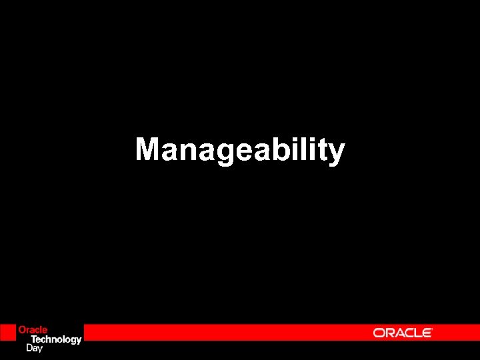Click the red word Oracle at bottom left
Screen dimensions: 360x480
tap(33, 330)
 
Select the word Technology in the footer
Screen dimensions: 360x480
tap(57, 339)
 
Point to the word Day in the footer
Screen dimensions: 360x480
tap(34, 347)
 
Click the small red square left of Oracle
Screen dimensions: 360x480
tap(7, 333)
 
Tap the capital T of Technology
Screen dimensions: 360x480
tap(35, 339)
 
